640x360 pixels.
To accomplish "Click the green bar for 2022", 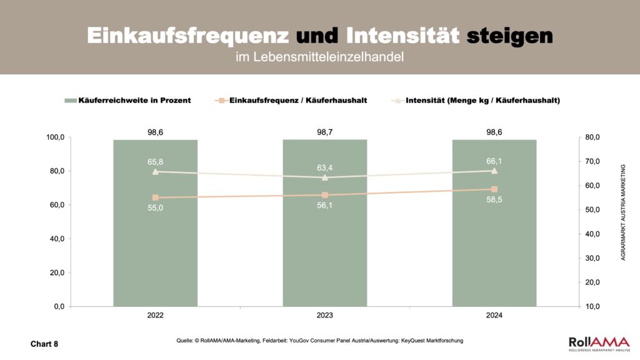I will (x=155, y=250).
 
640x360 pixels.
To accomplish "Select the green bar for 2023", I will (x=324, y=250).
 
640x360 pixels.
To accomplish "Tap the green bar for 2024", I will (x=494, y=250).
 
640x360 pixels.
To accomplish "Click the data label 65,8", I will (x=155, y=162).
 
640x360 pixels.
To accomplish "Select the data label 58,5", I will (x=494, y=200).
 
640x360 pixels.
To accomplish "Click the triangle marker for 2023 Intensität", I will (x=324, y=177).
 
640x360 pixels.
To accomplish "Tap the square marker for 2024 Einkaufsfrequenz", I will (x=494, y=189).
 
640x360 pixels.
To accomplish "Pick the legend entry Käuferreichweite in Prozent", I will (x=127, y=100).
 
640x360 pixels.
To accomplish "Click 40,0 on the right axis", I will (x=591, y=234).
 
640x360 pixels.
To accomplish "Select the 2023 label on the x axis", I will (x=324, y=316).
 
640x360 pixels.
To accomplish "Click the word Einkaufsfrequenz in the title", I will (x=187, y=36).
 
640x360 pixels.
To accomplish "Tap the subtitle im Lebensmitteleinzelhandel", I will (x=319, y=57).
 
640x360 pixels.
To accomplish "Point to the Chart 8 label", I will (x=44, y=344).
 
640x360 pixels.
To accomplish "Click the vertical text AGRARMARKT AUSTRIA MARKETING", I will (x=622, y=212).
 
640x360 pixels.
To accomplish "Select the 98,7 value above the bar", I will (x=324, y=132).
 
